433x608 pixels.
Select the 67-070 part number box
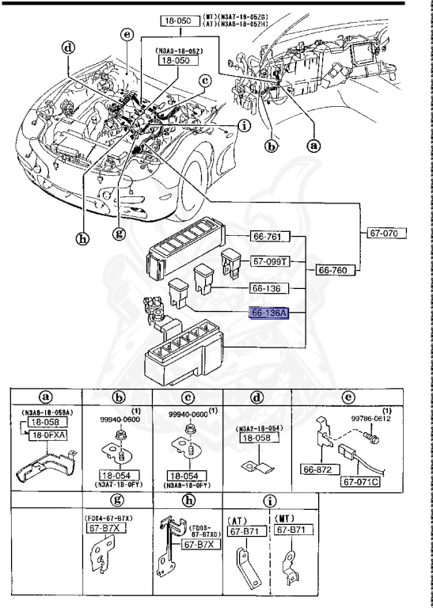pos(386,234)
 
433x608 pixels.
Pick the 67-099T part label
pos(271,261)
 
